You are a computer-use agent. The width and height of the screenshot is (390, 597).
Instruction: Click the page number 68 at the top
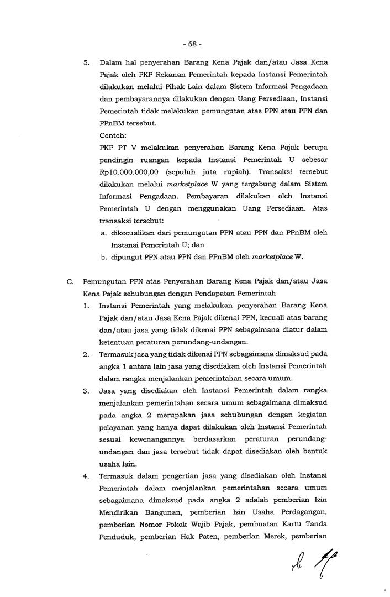point(194,43)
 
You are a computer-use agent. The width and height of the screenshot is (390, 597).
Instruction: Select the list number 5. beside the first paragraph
point(87,62)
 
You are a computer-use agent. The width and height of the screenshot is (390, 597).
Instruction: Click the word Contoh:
point(113,135)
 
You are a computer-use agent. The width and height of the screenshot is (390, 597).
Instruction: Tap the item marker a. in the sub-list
point(104,233)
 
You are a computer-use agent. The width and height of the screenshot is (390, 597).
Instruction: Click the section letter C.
point(71,281)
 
